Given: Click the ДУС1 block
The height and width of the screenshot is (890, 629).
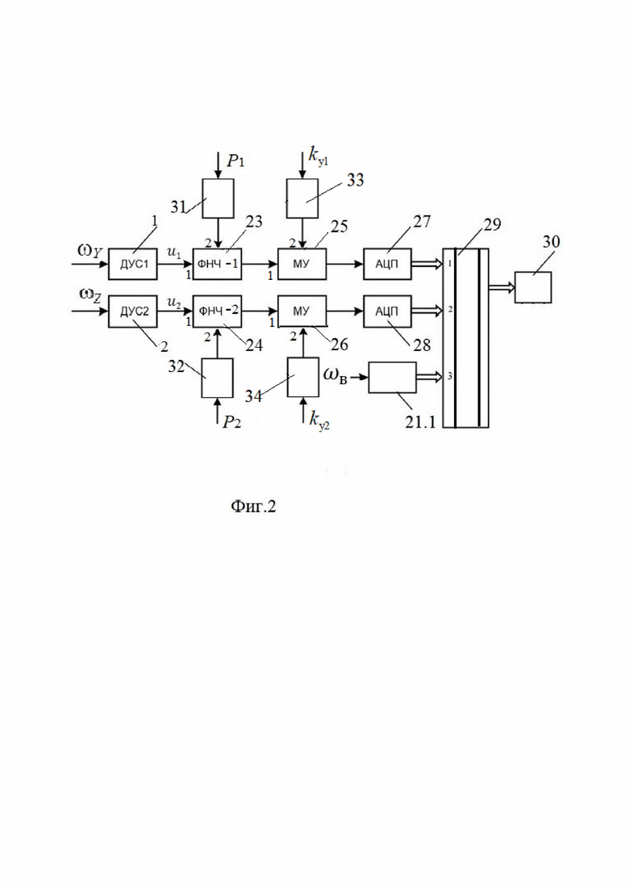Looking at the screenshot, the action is click(133, 264).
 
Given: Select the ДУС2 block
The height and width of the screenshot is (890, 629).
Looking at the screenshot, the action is click(133, 311).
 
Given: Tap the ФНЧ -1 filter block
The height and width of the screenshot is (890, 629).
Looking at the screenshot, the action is click(217, 264).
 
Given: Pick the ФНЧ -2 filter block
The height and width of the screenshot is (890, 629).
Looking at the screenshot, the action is click(217, 311).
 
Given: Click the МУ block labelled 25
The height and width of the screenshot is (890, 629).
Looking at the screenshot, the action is click(302, 264).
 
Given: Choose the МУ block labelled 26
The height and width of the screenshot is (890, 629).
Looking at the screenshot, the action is click(302, 311).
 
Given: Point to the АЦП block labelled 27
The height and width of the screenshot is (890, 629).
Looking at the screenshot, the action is click(387, 264).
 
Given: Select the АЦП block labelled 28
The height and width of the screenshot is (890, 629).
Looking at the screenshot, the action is click(387, 311).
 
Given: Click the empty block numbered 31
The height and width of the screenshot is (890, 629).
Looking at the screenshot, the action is click(219, 198).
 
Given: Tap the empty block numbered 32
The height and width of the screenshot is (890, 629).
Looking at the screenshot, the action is click(217, 378).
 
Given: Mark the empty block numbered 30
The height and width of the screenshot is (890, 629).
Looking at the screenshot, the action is click(533, 287).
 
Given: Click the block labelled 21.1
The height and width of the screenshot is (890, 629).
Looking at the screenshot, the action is click(392, 377).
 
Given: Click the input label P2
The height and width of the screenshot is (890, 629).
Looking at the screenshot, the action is click(231, 422).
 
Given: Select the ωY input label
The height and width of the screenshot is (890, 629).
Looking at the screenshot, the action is click(90, 251).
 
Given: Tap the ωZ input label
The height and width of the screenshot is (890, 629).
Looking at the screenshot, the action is click(90, 295).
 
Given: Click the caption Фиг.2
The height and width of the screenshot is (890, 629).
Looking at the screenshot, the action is click(253, 506).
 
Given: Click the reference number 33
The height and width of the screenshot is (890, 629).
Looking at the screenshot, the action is click(355, 180).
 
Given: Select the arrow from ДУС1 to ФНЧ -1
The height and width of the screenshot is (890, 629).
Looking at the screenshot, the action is click(175, 264).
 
